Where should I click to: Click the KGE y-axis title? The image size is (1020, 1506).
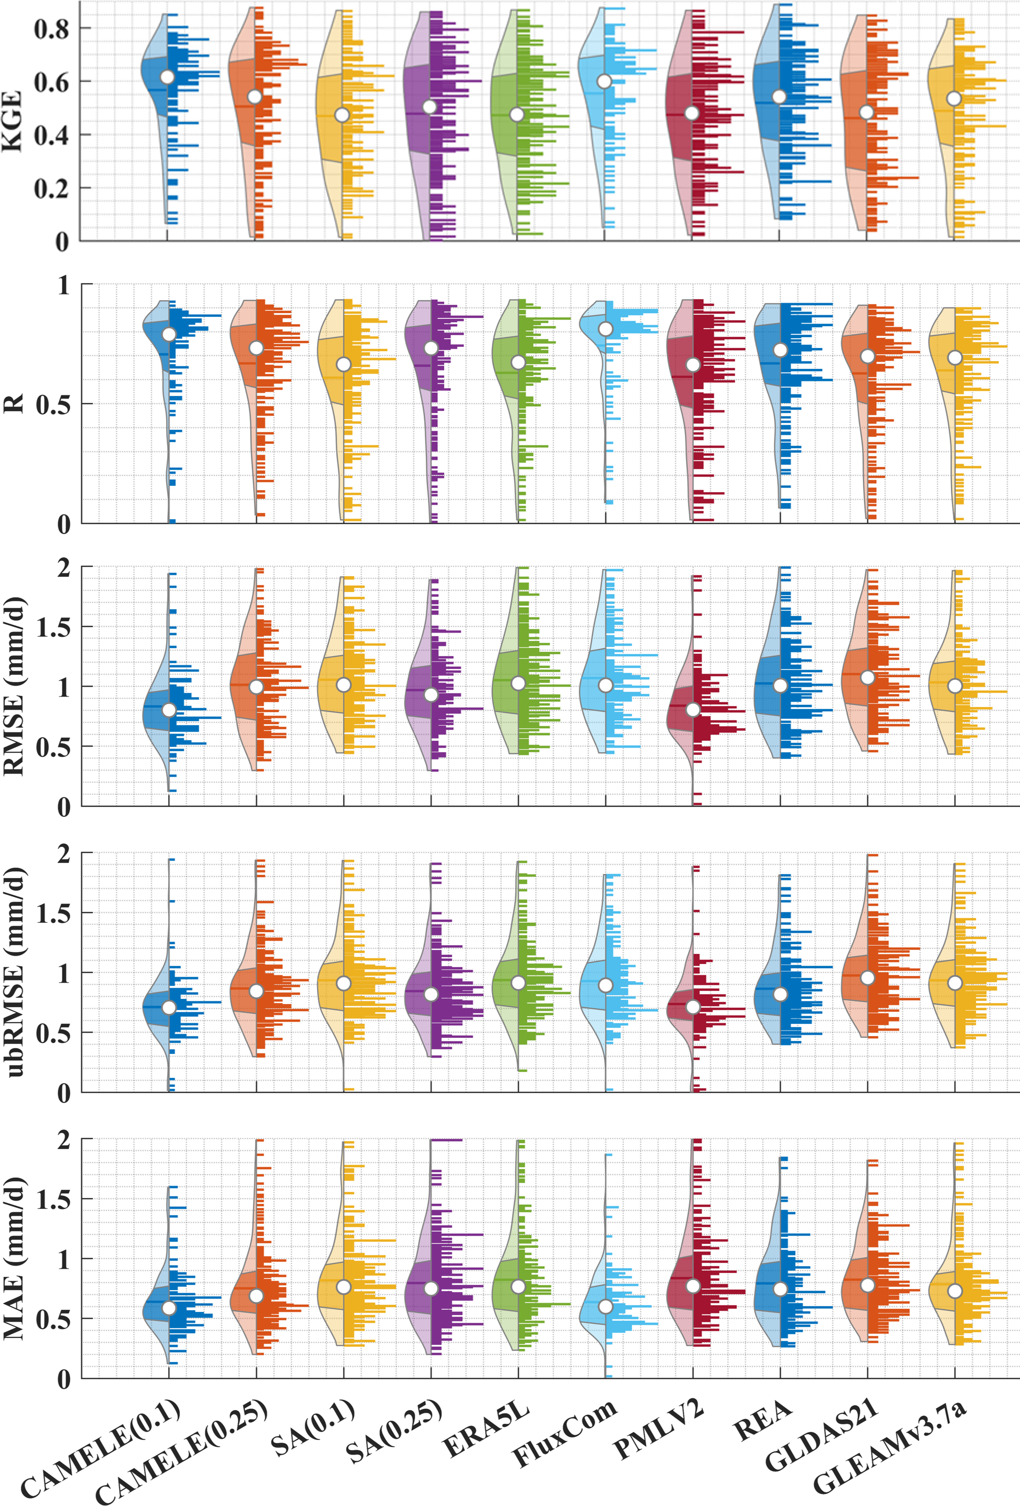coord(13,121)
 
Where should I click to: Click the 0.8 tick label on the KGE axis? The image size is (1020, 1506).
coord(50,29)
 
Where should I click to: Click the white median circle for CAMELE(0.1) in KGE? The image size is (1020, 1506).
coord(167,77)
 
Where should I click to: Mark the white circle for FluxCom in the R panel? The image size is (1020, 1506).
coord(605,329)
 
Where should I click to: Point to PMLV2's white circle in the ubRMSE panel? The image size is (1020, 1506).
coord(693,1007)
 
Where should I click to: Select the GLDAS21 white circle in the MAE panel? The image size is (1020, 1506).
coord(868,1285)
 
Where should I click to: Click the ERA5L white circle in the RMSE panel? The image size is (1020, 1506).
coord(518,683)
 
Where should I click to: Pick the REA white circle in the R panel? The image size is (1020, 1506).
coord(780,350)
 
